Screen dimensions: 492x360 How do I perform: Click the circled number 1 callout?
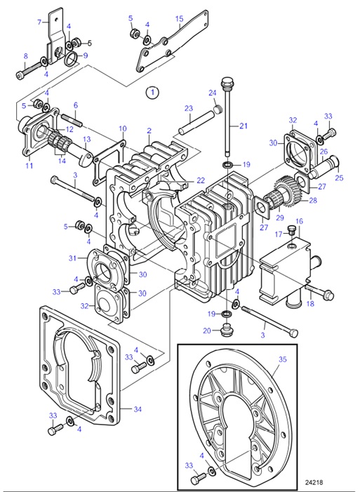tap(152, 91)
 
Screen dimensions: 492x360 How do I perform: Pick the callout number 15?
tap(179, 18)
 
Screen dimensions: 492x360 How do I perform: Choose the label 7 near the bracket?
tap(39, 22)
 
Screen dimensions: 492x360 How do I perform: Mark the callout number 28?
tap(313, 200)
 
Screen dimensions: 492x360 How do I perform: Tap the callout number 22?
tap(201, 180)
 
